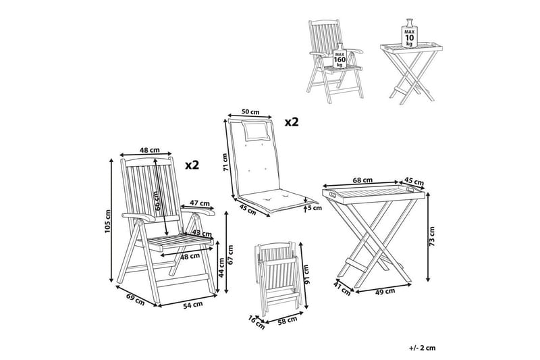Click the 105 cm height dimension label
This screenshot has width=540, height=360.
pyautogui.click(x=108, y=221)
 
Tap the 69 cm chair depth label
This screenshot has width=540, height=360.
pyautogui.click(x=136, y=299)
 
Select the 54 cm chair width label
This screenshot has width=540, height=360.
pyautogui.click(x=193, y=305)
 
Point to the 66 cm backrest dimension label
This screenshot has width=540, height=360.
pyautogui.click(x=157, y=201)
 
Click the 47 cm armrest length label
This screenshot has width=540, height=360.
pyautogui.click(x=200, y=203)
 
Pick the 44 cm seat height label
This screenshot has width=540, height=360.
pyautogui.click(x=221, y=267)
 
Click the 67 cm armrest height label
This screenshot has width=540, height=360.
pyautogui.click(x=230, y=254)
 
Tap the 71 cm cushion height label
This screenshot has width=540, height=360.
pyautogui.click(x=225, y=162)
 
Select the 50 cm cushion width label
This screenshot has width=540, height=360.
pyautogui.click(x=250, y=111)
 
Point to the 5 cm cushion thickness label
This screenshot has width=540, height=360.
pyautogui.click(x=315, y=208)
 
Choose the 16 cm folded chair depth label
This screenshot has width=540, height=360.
pyautogui.click(x=256, y=322)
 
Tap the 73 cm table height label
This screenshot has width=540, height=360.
pyautogui.click(x=432, y=236)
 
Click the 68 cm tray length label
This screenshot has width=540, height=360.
pyautogui.click(x=363, y=180)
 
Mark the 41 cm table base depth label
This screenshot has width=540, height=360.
pyautogui.click(x=342, y=288)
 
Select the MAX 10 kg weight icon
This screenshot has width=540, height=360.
pyautogui.click(x=409, y=33)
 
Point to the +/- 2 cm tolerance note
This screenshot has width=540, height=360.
pyautogui.click(x=423, y=348)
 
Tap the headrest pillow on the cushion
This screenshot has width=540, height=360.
pyautogui.click(x=256, y=130)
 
